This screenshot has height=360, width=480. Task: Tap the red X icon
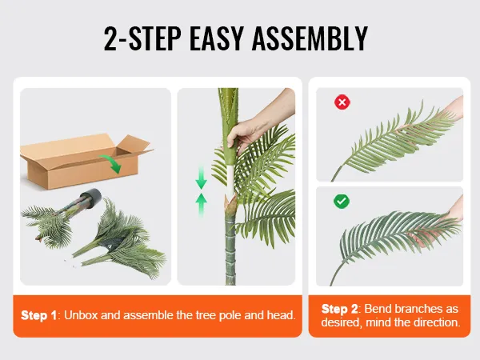pyautogui.click(x=342, y=102)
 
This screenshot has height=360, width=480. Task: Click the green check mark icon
pyautogui.click(x=342, y=202)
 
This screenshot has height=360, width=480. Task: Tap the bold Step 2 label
pyautogui.click(x=340, y=309)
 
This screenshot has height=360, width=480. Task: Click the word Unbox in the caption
pyautogui.click(x=82, y=315)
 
